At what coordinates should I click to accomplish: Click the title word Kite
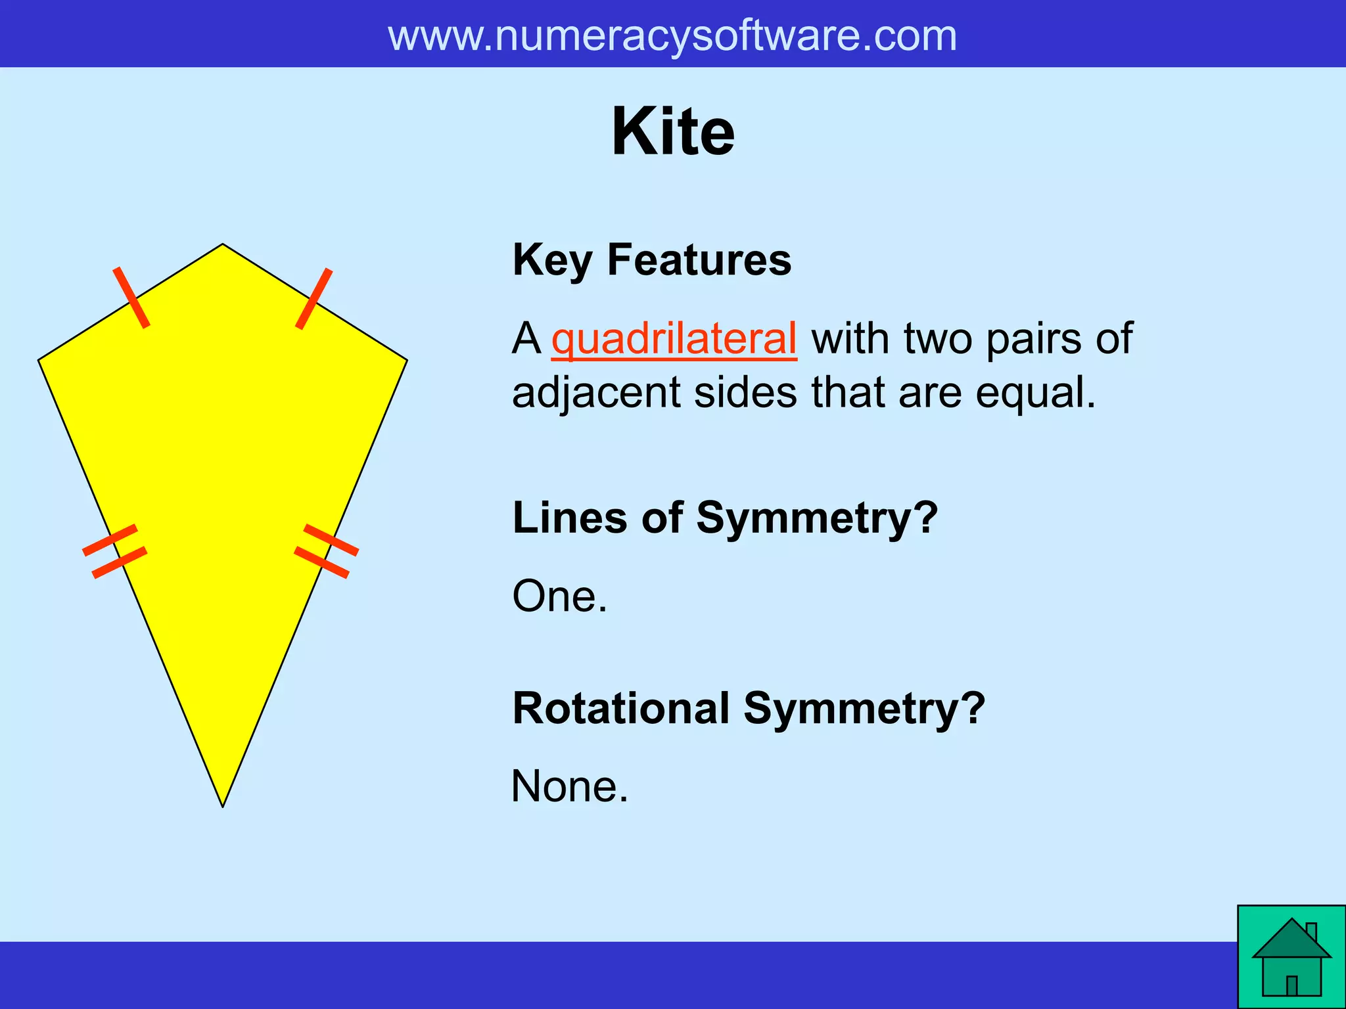(673, 132)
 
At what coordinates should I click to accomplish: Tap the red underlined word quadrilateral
(674, 339)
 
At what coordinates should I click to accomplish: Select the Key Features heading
(651, 259)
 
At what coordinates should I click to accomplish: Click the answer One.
(559, 596)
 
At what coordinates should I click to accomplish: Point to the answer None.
(569, 786)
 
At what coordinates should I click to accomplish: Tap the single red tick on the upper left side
(131, 297)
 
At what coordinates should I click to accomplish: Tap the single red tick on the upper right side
(314, 298)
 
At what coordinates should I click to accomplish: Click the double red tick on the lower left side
(114, 551)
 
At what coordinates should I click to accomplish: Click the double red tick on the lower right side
(326, 550)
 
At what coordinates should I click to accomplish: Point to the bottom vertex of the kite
(223, 806)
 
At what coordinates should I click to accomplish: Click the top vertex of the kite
(223, 244)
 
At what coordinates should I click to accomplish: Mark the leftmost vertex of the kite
(39, 360)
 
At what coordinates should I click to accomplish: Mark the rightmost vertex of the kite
(407, 360)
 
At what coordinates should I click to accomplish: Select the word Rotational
(620, 709)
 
